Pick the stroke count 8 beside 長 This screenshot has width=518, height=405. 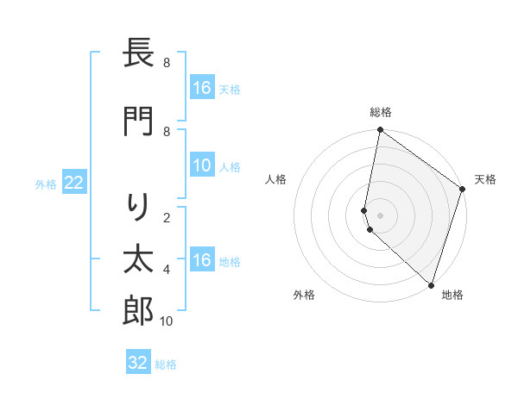pos(167,63)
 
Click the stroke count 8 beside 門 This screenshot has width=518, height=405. pos(167,131)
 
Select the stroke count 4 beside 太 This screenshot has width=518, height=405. pos(167,270)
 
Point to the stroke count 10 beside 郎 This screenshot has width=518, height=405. pos(167,321)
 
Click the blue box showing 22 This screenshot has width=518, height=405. pos(73,183)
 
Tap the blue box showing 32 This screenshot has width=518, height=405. pos(138,363)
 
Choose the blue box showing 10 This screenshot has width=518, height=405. pos(202,166)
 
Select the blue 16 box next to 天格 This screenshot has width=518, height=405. pos(202,88)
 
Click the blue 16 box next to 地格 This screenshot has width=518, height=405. pos(202,261)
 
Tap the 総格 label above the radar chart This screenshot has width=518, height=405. pos(381,112)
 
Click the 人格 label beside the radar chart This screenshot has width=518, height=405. pos(276,179)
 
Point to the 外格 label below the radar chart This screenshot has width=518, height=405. pos(304,295)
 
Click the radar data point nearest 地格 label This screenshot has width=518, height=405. pos(430,285)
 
